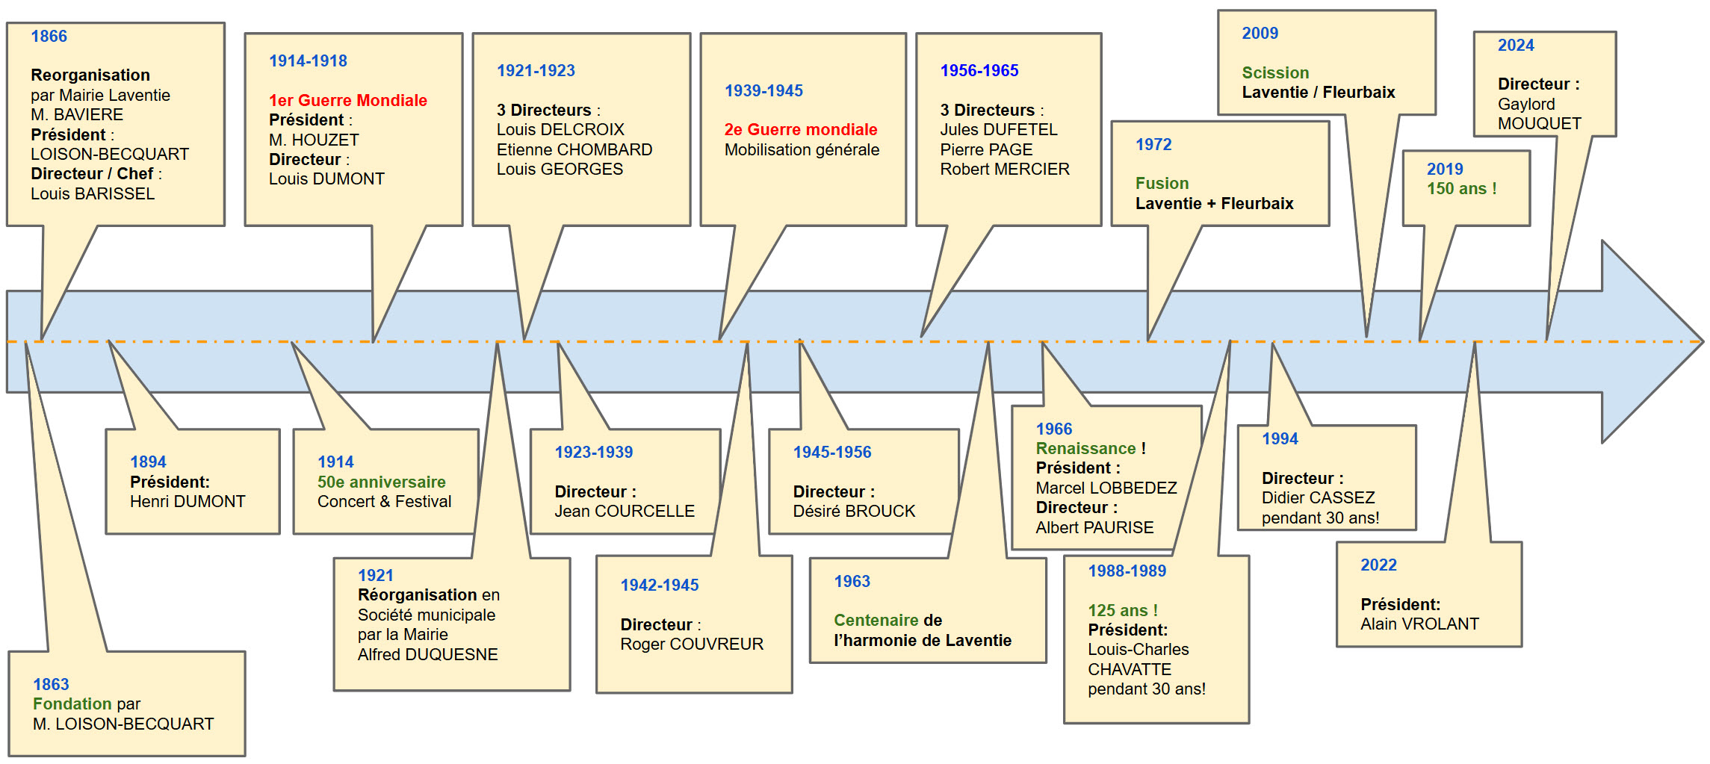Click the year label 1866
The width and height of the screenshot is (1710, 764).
tap(49, 36)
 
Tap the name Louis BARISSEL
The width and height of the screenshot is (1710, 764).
tap(93, 193)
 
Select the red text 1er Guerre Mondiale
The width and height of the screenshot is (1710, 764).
tap(348, 100)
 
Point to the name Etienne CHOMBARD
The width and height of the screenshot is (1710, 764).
tap(574, 149)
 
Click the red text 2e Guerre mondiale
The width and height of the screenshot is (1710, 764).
tap(801, 129)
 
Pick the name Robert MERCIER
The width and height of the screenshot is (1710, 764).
tap(1005, 169)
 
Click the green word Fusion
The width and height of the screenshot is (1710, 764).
tap(1162, 183)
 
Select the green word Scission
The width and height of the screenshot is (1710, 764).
tap(1275, 72)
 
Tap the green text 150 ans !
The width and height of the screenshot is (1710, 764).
tap(1462, 188)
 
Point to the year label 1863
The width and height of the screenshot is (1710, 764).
tap(51, 684)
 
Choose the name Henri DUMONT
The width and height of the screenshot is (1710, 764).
tap(188, 501)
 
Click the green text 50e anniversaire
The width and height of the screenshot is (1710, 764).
tap(381, 482)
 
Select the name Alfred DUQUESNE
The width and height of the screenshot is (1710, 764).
tap(427, 654)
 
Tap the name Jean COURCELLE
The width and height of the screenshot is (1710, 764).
tap(625, 511)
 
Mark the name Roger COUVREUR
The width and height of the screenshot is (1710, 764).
tap(692, 644)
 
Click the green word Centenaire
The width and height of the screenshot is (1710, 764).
tap(876, 620)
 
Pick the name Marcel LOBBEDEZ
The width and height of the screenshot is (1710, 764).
tap(1106, 488)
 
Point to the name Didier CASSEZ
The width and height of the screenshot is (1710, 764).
tap(1318, 497)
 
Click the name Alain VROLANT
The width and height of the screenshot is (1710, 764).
tap(1419, 624)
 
